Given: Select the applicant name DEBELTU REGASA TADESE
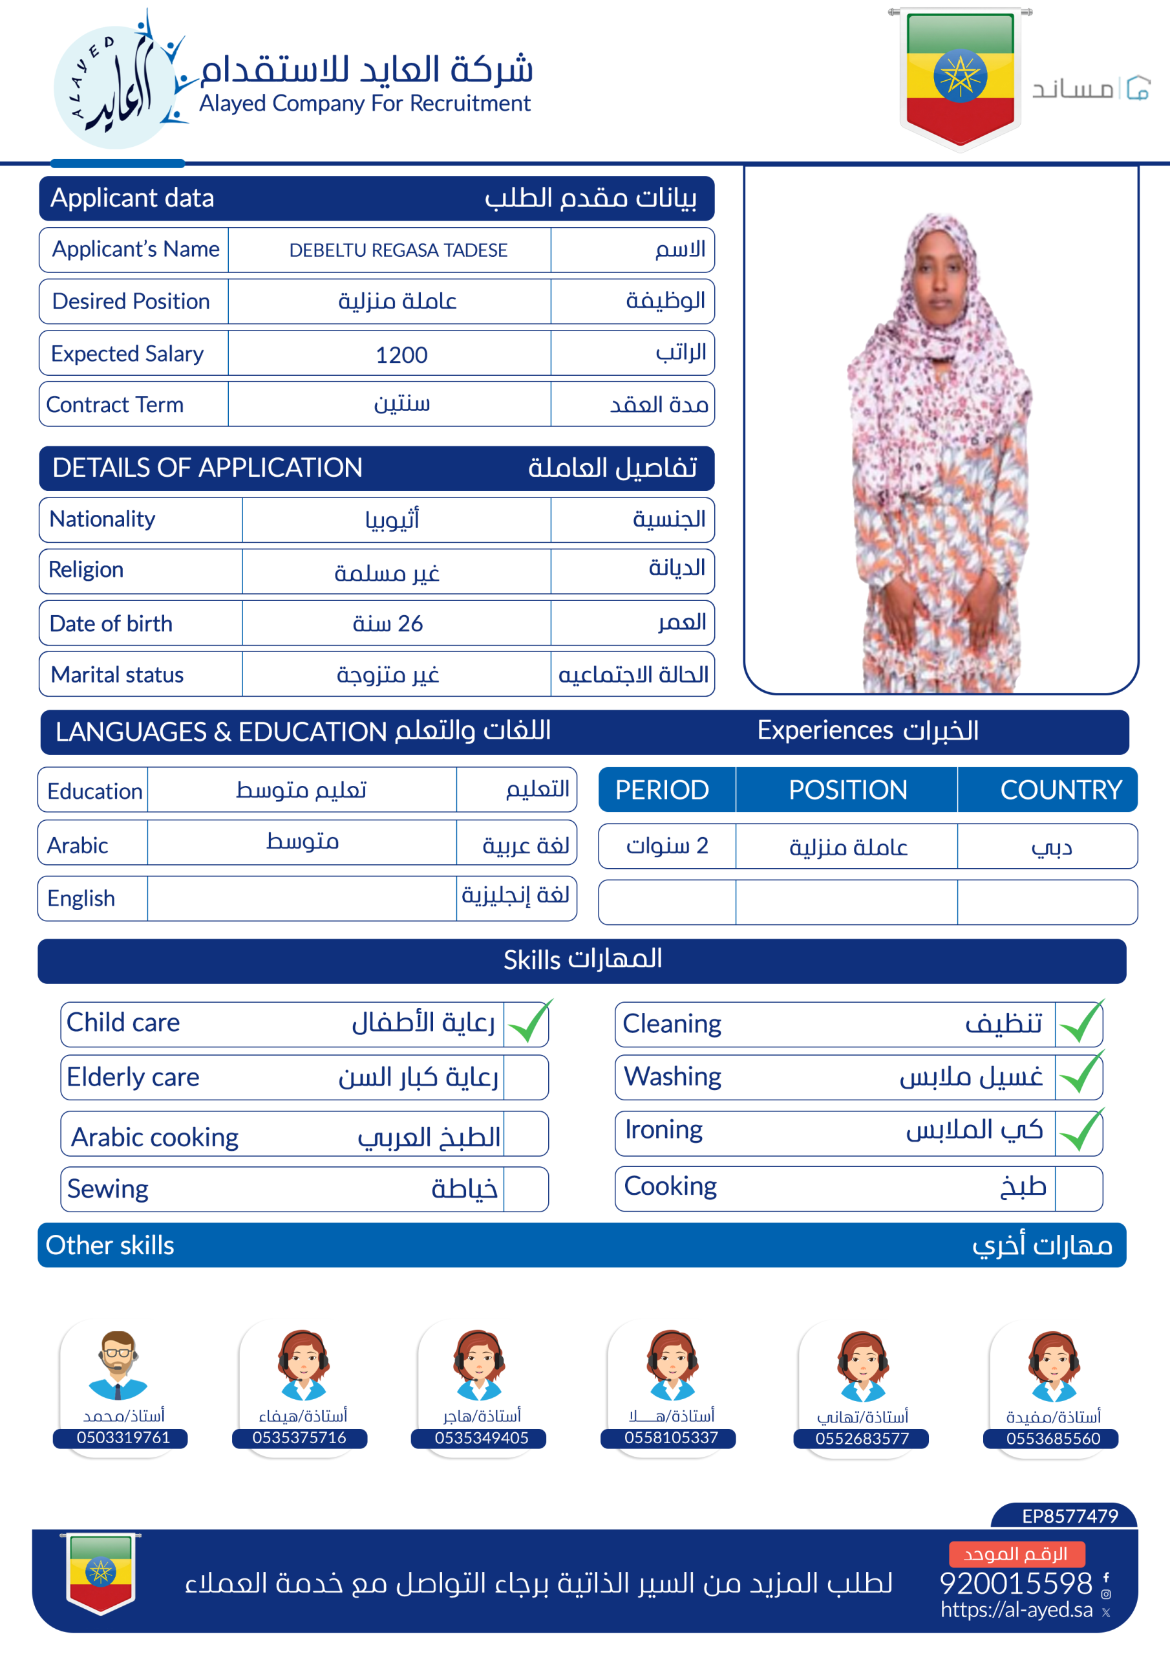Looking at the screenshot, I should click(x=398, y=250).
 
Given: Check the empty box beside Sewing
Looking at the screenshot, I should click(x=526, y=1190).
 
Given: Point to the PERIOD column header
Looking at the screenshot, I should click(x=662, y=790).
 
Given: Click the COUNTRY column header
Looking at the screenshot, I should click(x=1060, y=790).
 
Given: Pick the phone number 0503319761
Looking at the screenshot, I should click(x=123, y=1437).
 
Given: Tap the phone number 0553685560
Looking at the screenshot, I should click(x=1053, y=1439).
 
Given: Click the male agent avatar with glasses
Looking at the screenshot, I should click(x=118, y=1365).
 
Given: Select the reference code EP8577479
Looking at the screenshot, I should click(x=1070, y=1516).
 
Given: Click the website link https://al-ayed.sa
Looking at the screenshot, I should click(x=1016, y=1610).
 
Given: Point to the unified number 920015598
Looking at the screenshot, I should click(x=1016, y=1583).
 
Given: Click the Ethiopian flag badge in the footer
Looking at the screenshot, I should click(x=101, y=1573).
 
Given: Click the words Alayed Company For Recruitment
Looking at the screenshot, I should click(x=365, y=104).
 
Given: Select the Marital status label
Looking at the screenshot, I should click(x=117, y=675).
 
